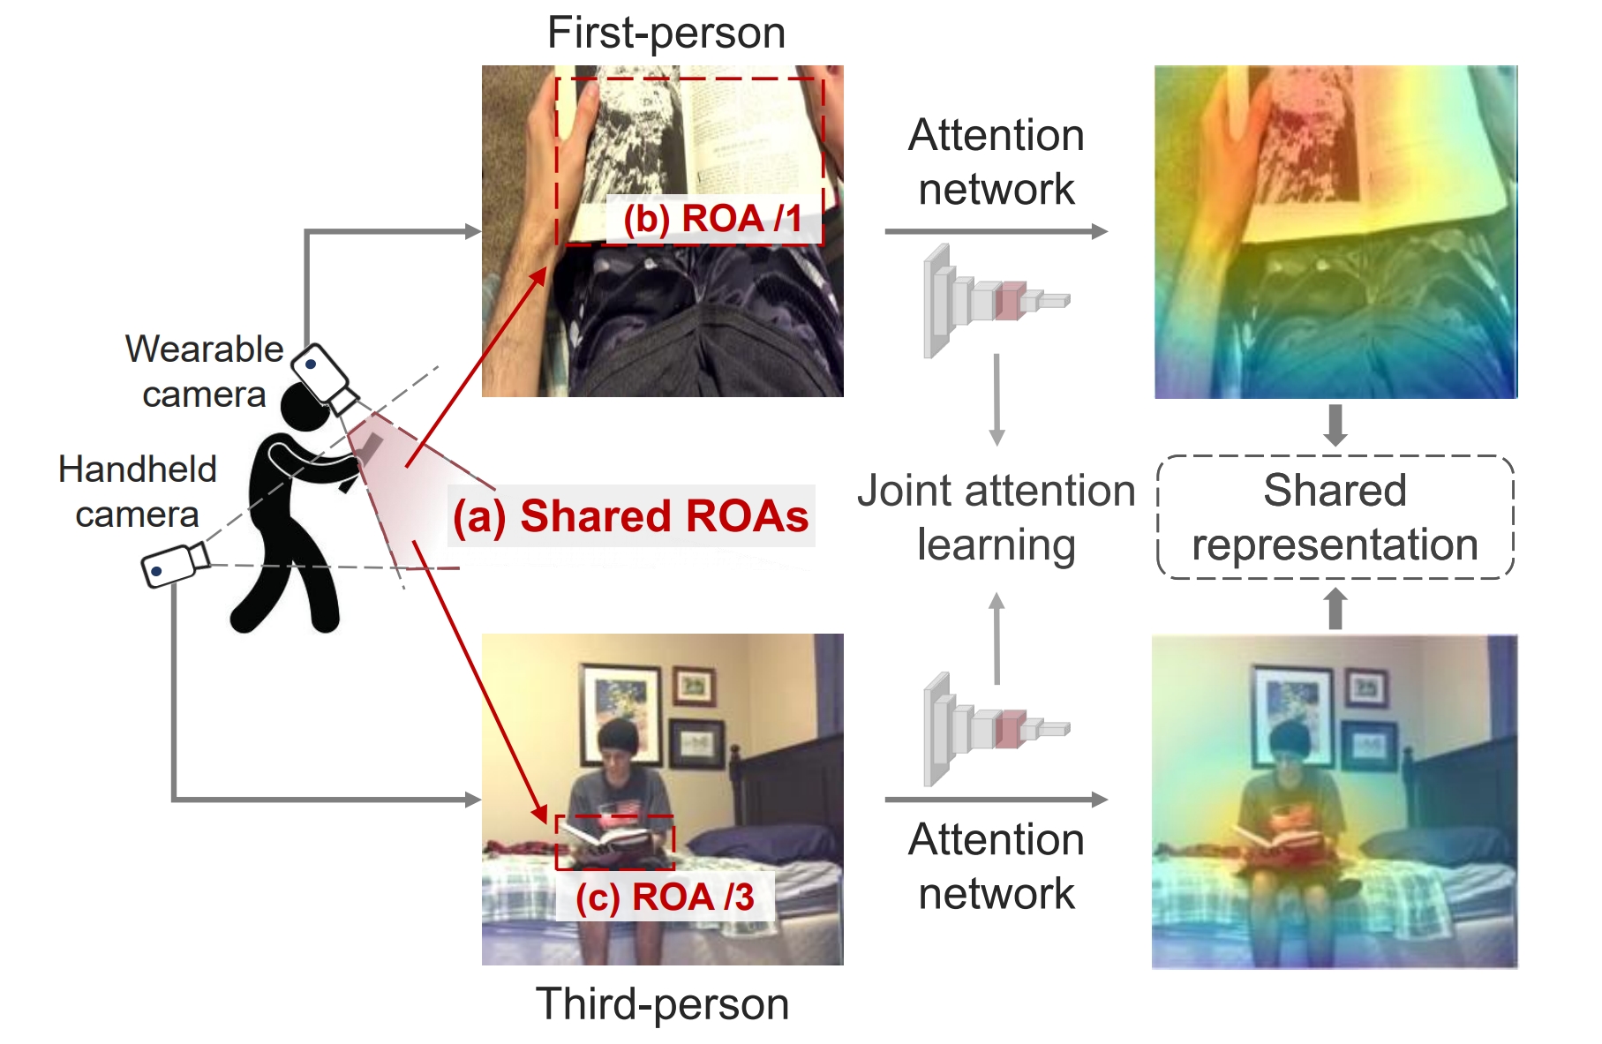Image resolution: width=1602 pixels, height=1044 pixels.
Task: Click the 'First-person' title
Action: tap(666, 34)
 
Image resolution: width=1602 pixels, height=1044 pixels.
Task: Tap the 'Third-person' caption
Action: tap(662, 1004)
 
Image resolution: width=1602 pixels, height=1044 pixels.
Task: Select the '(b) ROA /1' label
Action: tap(712, 219)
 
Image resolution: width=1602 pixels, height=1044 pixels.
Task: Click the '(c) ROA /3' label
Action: tap(665, 898)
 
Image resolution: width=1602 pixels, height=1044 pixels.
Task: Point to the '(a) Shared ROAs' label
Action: tap(630, 516)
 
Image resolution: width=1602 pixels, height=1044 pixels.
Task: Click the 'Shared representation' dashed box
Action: tap(1335, 517)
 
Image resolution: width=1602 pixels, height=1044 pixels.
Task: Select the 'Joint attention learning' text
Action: tap(997, 517)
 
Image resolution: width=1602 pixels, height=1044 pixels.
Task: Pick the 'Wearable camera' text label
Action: tap(204, 372)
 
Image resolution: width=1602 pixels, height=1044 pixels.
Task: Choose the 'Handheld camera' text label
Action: tap(138, 492)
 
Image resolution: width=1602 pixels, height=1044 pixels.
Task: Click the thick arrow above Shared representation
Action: tap(1335, 424)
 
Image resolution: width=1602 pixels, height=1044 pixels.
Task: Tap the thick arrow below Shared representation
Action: tap(1335, 609)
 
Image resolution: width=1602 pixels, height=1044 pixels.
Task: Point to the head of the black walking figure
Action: tap(305, 407)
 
